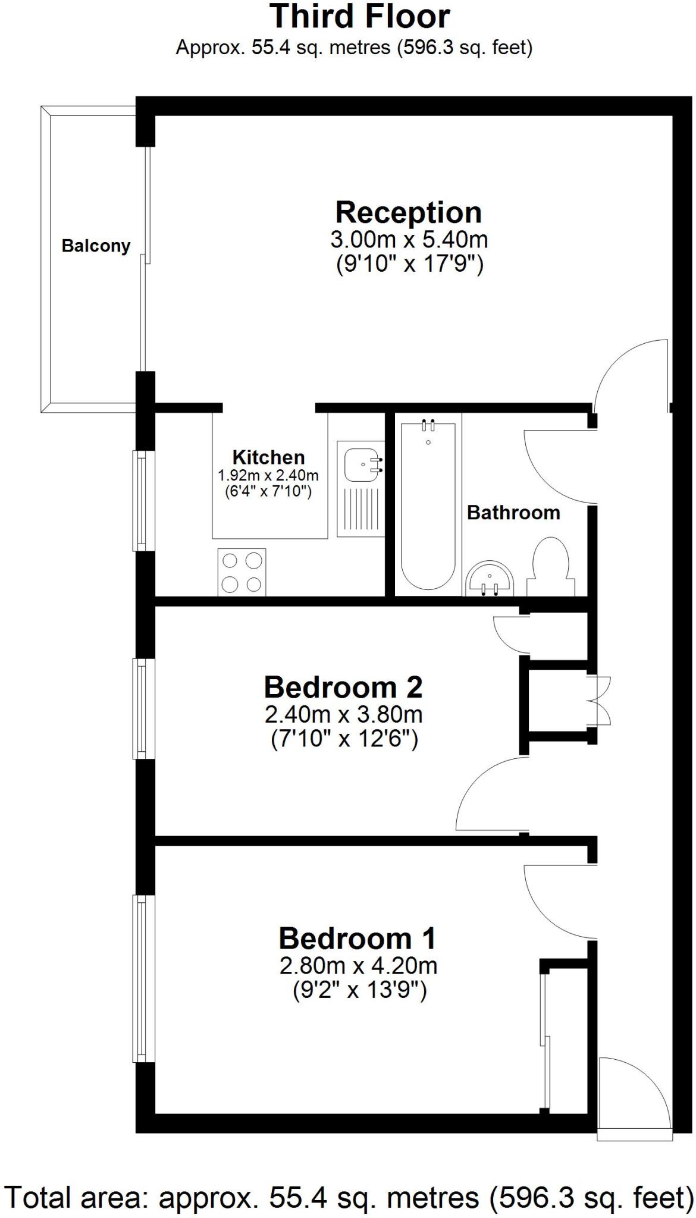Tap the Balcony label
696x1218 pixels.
click(96, 246)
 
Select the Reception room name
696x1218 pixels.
click(409, 212)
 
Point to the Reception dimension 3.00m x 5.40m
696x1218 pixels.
click(409, 240)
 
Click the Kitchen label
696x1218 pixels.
click(268, 457)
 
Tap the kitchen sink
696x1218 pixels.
click(360, 488)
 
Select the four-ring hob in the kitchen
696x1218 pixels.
click(242, 572)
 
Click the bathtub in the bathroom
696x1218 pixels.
click(428, 504)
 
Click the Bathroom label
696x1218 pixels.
click(513, 513)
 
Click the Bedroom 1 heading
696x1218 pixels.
click(358, 938)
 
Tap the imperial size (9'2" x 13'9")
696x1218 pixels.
click(360, 991)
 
